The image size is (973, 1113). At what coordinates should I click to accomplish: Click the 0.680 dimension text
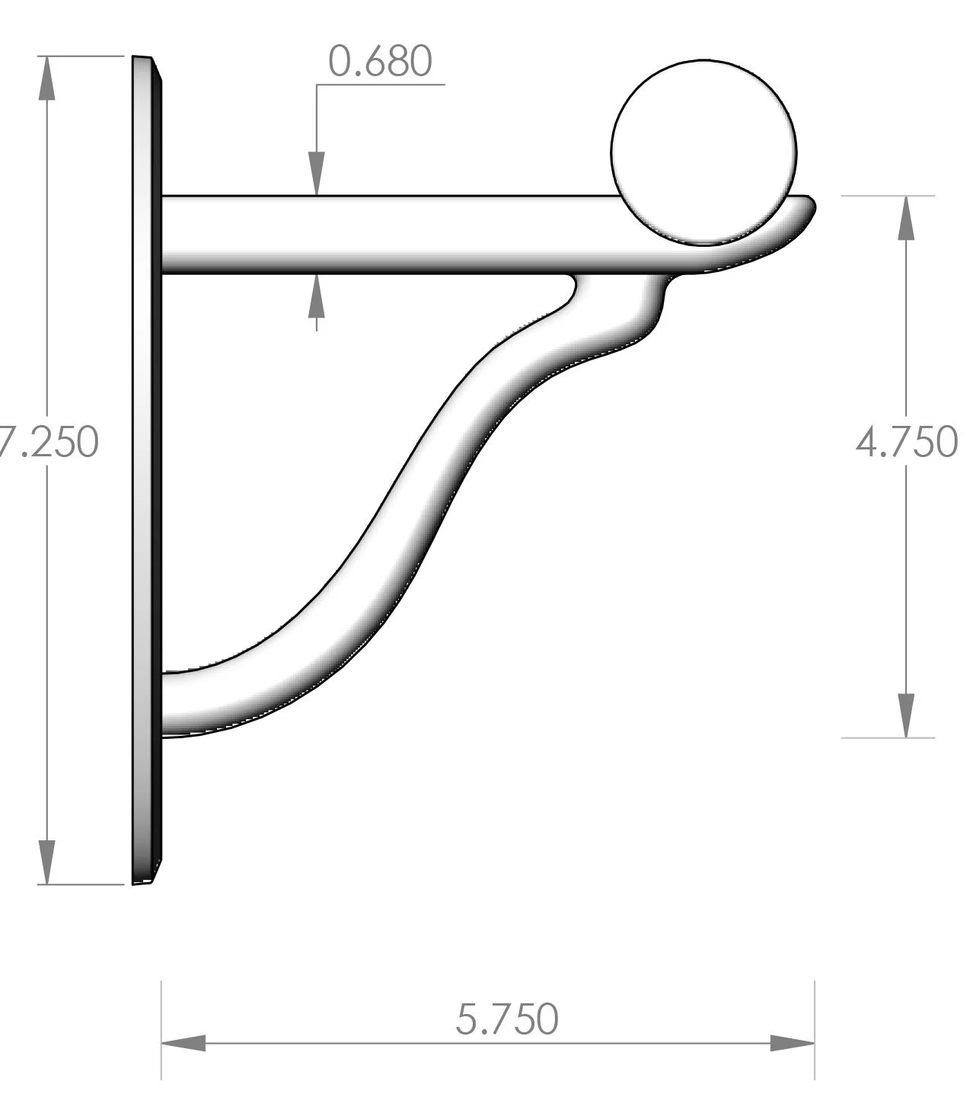pyautogui.click(x=380, y=62)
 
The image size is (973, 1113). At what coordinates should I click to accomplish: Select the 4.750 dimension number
pyautogui.click(x=906, y=443)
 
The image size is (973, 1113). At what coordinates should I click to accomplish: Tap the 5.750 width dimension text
pyautogui.click(x=506, y=1019)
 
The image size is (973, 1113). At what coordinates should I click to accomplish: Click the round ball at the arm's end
pyautogui.click(x=703, y=152)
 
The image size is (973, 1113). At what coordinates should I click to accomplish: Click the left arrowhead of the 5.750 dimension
pyautogui.click(x=183, y=1044)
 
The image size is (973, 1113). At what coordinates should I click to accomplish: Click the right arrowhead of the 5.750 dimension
pyautogui.click(x=793, y=1044)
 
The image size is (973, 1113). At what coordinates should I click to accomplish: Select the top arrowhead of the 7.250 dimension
pyautogui.click(x=47, y=78)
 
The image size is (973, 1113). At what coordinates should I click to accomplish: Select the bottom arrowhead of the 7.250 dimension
pyautogui.click(x=47, y=862)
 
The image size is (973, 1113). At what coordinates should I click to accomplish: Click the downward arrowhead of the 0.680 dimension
pyautogui.click(x=316, y=174)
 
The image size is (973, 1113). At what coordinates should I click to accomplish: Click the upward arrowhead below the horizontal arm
pyautogui.click(x=316, y=296)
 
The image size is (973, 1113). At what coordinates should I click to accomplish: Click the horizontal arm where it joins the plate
pyautogui.click(x=171, y=234)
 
